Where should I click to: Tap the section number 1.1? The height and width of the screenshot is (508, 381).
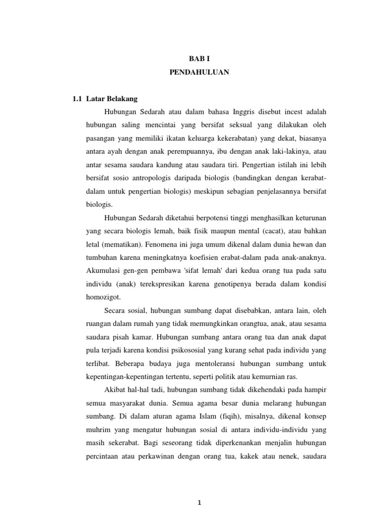pyautogui.click(x=76, y=99)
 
